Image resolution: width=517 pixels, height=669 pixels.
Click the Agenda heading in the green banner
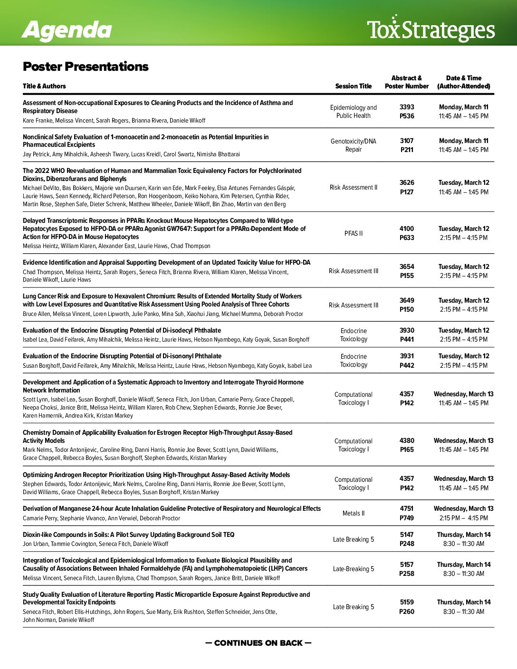click(x=67, y=29)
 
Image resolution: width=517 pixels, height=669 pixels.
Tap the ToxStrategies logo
click(x=431, y=29)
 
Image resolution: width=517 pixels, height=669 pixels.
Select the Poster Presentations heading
click(x=86, y=67)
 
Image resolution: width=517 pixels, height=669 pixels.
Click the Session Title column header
click(x=353, y=86)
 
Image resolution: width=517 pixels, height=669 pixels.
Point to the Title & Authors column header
click(x=44, y=86)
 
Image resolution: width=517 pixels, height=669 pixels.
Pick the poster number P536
click(x=407, y=116)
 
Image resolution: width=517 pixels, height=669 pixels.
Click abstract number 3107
click(x=407, y=141)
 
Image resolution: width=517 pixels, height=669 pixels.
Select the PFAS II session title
click(x=354, y=233)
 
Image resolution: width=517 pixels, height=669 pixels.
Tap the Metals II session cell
click(x=354, y=513)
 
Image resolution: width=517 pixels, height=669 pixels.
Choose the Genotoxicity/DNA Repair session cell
click(x=354, y=145)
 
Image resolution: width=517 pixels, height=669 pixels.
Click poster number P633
click(x=407, y=238)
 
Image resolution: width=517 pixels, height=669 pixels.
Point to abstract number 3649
click(x=407, y=300)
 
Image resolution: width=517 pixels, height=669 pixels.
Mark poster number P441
click(x=407, y=339)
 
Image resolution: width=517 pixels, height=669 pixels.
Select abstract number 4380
click(x=407, y=440)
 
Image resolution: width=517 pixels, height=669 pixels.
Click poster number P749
click(x=407, y=518)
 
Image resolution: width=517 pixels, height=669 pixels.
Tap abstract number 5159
click(x=407, y=602)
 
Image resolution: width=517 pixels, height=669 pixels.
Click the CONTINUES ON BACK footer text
click(x=258, y=643)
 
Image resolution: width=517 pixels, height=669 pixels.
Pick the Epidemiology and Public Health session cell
click(x=354, y=112)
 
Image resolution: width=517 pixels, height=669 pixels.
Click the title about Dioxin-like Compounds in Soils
click(x=128, y=535)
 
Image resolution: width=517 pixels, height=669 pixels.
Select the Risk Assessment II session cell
click(x=354, y=187)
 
